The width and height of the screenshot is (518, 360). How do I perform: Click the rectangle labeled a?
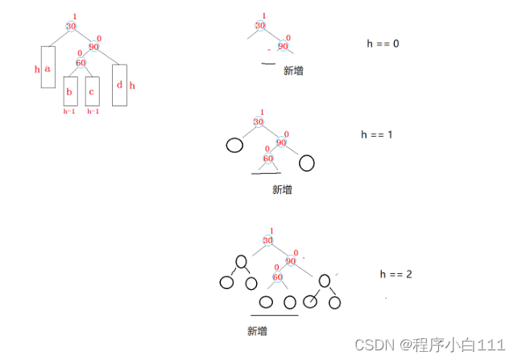[x=47, y=77]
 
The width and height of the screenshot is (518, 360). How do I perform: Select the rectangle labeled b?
[x=70, y=91]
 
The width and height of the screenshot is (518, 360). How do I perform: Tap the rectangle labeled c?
[x=92, y=91]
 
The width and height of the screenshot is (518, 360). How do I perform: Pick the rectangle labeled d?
[x=119, y=85]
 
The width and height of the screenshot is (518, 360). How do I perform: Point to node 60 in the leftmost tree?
[x=81, y=62]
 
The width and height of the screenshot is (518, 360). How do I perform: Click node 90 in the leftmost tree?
[x=93, y=47]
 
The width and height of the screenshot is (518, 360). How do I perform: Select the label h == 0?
[x=383, y=43]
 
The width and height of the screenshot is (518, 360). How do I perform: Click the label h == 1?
[x=377, y=134]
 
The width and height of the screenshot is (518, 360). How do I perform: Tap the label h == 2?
[x=396, y=275]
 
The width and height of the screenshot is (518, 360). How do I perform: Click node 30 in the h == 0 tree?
[x=259, y=26]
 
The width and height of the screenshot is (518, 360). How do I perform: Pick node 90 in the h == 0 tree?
[x=283, y=46]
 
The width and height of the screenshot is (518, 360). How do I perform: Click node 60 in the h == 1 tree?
[x=268, y=158]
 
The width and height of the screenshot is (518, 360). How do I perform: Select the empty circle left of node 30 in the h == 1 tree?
[x=234, y=146]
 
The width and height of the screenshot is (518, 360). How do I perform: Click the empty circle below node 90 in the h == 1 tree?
[x=306, y=163]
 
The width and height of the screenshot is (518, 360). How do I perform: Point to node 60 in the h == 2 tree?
[x=278, y=278]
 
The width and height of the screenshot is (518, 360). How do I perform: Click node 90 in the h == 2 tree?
[x=292, y=261]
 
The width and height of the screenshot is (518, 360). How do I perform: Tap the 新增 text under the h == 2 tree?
[x=258, y=330]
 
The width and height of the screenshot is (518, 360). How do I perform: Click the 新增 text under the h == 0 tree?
[x=293, y=71]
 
